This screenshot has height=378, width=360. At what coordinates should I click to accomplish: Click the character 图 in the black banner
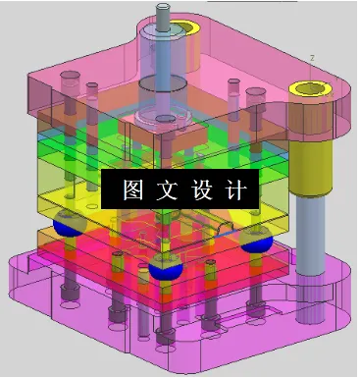[x=129, y=189]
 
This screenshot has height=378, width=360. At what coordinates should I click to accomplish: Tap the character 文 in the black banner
[x=162, y=189]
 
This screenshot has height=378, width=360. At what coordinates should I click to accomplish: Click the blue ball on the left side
[x=68, y=225]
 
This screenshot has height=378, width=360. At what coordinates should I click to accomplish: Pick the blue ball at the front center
[x=164, y=268]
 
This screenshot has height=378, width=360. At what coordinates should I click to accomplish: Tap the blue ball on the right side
[x=257, y=240]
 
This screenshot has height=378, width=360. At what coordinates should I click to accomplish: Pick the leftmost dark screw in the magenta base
[x=68, y=295]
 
